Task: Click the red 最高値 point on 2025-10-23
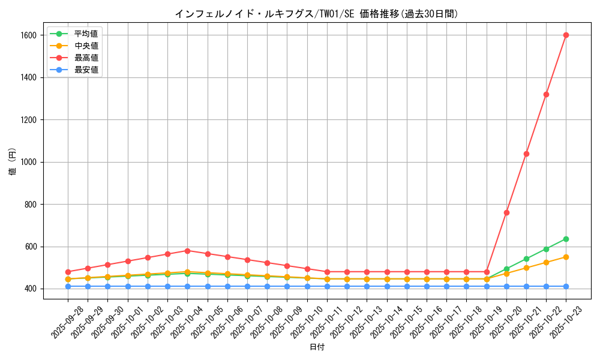(566, 35)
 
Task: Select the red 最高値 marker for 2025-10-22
(546, 94)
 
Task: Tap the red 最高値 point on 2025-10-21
(526, 154)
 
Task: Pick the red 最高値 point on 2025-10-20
(506, 212)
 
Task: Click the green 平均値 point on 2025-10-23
(566, 239)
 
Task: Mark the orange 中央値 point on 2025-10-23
(566, 257)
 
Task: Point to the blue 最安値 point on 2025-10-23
(566, 286)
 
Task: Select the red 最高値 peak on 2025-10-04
(187, 251)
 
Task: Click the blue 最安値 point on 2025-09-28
(68, 286)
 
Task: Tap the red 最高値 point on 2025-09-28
(68, 272)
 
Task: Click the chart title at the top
(316, 14)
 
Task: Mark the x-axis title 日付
(317, 347)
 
